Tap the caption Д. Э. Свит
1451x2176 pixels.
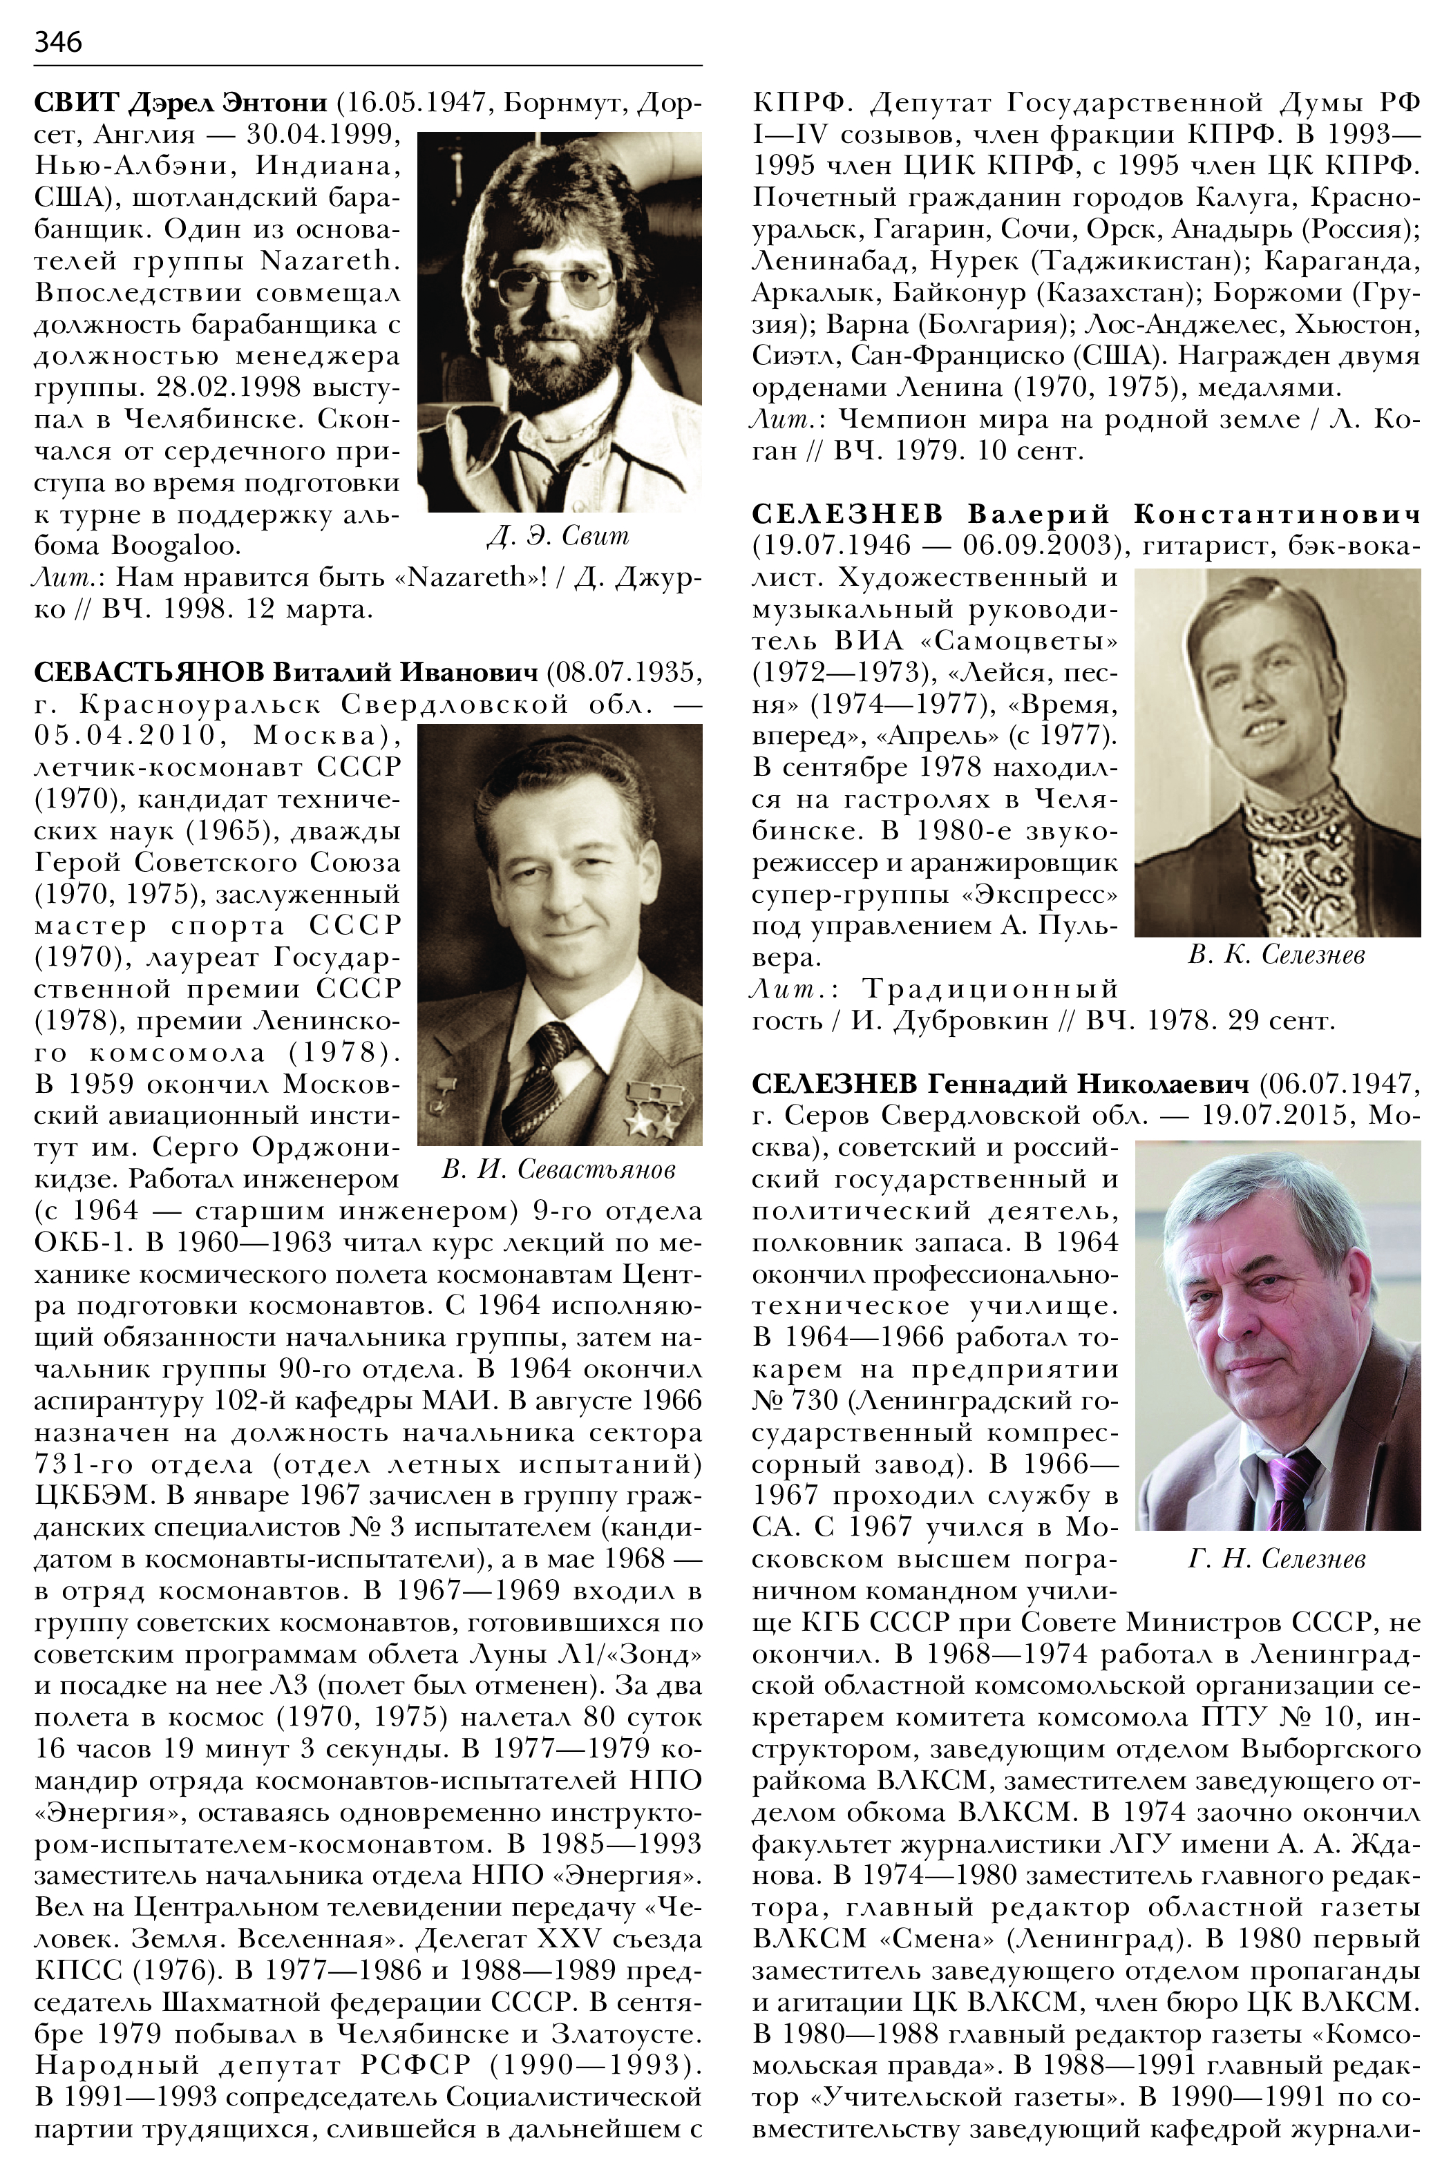(558, 535)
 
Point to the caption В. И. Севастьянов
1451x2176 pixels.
(559, 1170)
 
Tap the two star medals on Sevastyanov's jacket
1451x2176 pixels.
(652, 1115)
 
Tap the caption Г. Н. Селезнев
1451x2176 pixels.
(1276, 1560)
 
